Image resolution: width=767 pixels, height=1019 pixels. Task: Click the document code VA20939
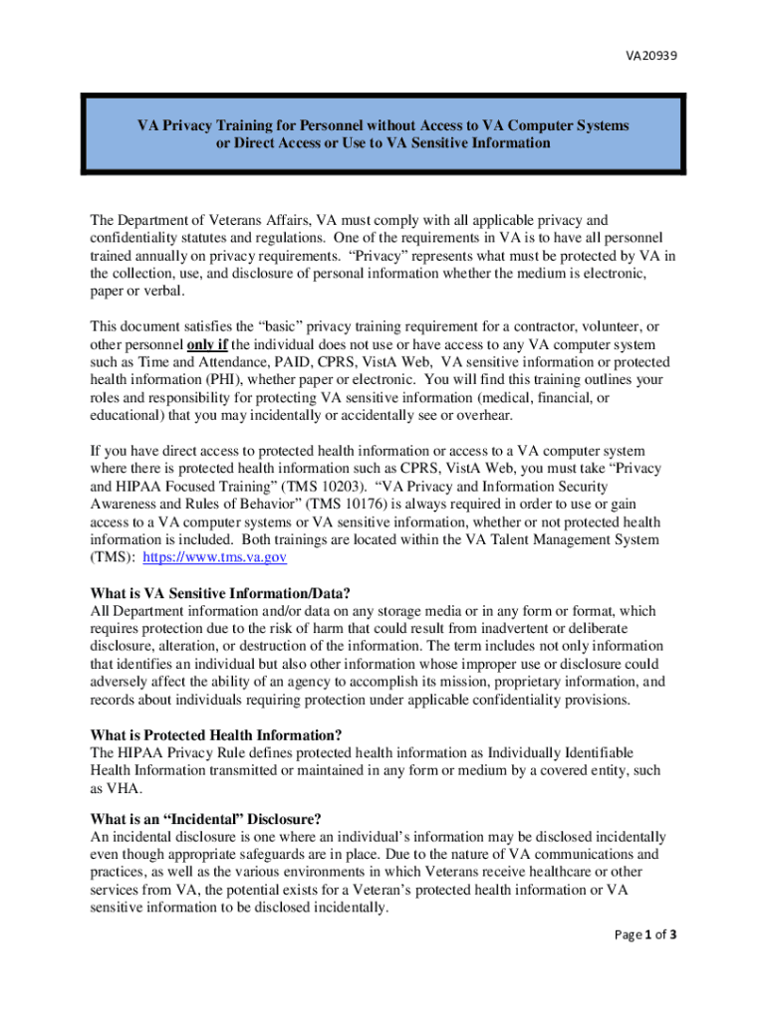tap(651, 56)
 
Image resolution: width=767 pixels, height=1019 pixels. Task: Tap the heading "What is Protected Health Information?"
tap(214, 735)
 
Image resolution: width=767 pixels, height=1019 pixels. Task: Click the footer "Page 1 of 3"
tap(642, 934)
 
